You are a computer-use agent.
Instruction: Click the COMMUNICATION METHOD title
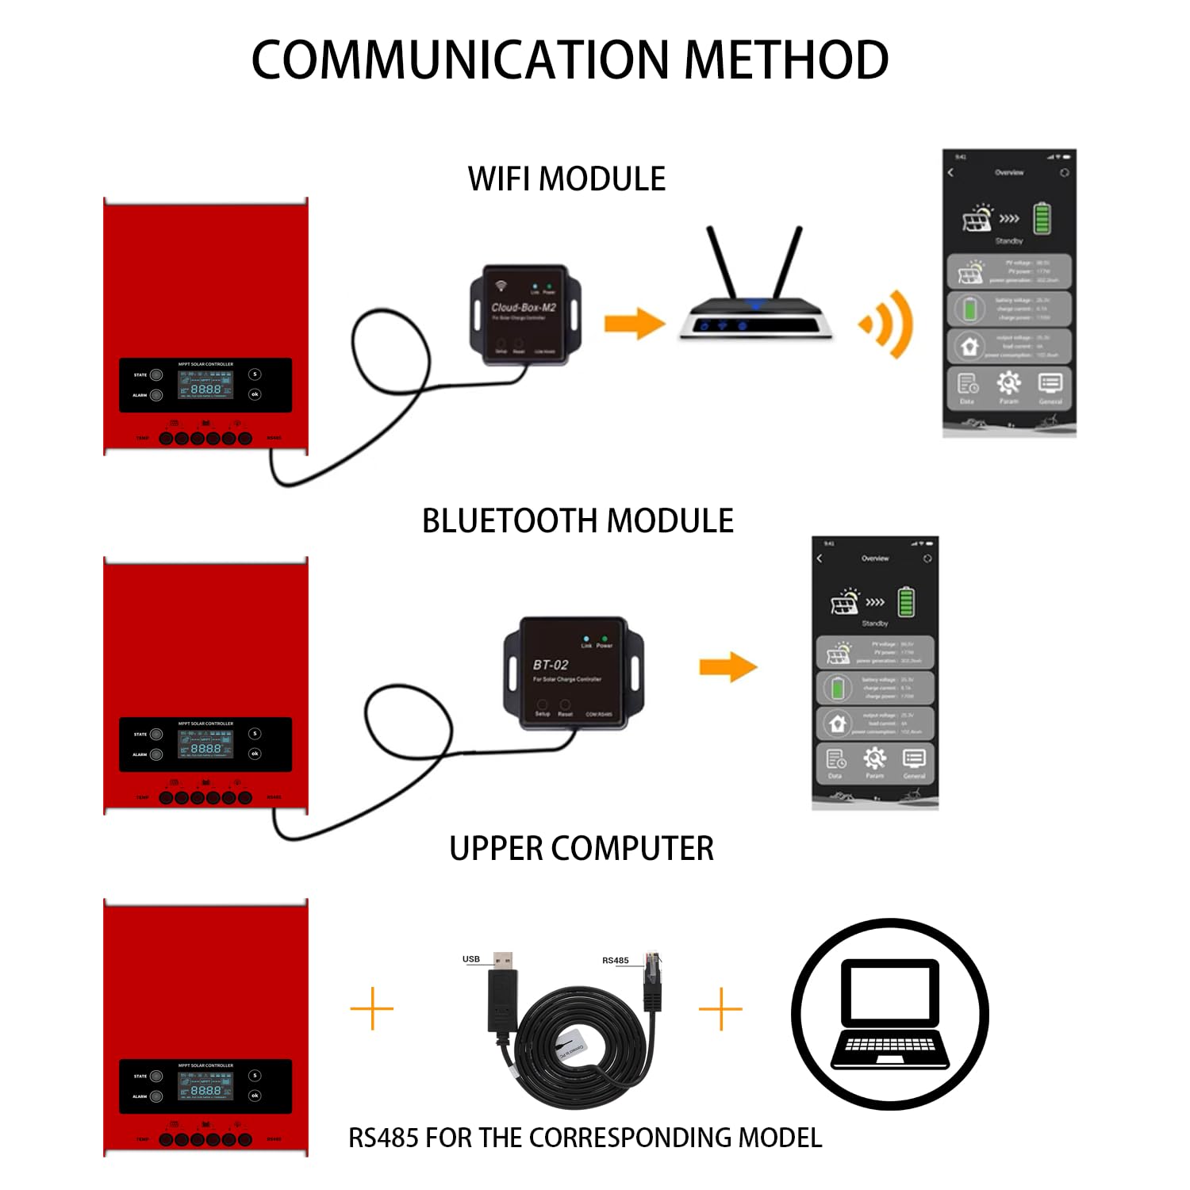coord(570,60)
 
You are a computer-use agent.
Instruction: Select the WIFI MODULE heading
coord(566,179)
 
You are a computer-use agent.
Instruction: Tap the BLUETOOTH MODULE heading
coord(578,521)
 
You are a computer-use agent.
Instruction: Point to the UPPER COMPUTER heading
coord(582,849)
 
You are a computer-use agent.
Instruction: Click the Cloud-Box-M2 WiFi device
coord(525,314)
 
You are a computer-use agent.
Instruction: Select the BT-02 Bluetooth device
coord(573,673)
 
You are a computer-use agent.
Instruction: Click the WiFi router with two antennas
coord(755,294)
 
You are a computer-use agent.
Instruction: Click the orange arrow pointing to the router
coord(635,324)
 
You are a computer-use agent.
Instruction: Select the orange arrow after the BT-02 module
coord(727,667)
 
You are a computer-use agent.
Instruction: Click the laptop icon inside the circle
coord(889,1015)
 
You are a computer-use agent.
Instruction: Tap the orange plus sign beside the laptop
coord(720,1009)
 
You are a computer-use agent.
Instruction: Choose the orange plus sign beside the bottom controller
coord(371,1009)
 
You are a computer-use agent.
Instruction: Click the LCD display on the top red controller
coord(205,385)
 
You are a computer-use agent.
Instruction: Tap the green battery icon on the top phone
coord(1042,218)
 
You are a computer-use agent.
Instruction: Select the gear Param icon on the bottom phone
coord(874,759)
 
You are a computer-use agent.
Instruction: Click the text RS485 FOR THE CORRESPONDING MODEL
coord(585,1138)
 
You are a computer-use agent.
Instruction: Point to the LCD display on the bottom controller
coord(205,1086)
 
